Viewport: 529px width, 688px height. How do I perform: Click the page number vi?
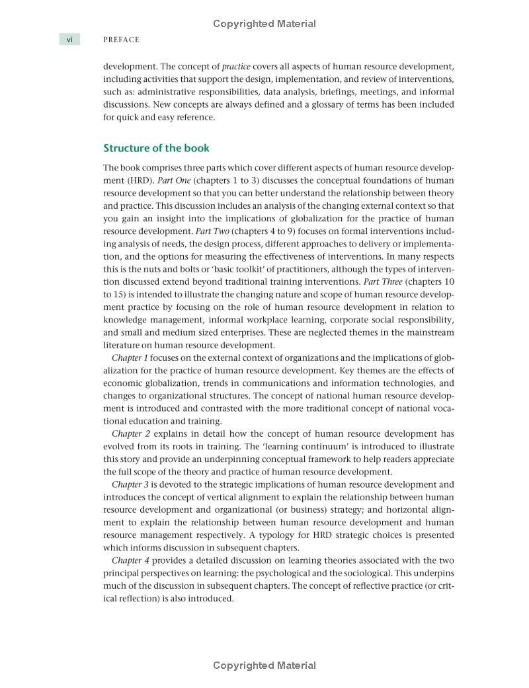click(69, 40)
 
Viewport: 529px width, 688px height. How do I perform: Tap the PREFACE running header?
click(121, 40)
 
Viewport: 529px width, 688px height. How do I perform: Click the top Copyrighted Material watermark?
click(264, 24)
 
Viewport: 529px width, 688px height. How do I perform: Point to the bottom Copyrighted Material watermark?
click(264, 666)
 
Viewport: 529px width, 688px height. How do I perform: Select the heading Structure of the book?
click(156, 148)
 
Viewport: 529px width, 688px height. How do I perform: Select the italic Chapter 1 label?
click(130, 358)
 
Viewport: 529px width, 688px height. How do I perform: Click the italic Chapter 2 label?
click(130, 434)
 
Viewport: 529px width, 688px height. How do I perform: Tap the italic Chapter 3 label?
click(130, 484)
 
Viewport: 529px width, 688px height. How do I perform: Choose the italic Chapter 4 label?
click(130, 560)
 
